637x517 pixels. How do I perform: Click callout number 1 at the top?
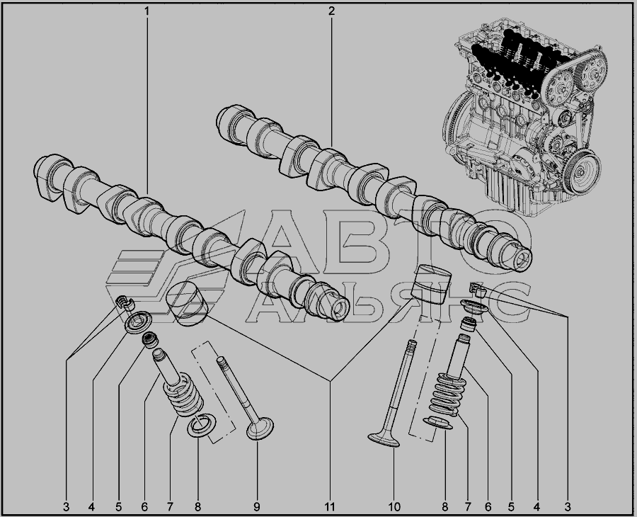[147, 11]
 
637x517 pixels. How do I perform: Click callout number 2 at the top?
[331, 11]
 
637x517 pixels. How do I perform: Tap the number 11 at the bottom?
[329, 507]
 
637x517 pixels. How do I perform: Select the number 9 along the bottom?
[257, 507]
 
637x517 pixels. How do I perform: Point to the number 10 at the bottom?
[394, 507]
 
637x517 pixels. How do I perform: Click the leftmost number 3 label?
[67, 507]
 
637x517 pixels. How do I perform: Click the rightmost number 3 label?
[568, 507]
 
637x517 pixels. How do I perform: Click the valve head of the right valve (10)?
[384, 440]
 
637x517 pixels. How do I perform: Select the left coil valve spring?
[183, 395]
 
